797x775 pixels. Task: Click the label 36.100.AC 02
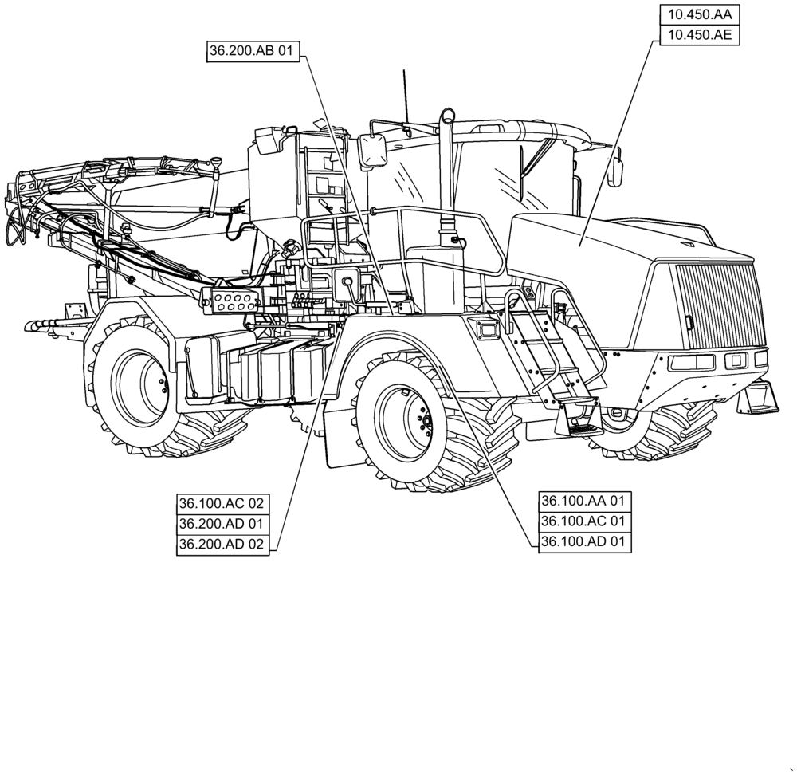click(222, 504)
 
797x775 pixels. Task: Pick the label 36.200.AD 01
click(222, 524)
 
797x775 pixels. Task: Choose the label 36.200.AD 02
click(222, 545)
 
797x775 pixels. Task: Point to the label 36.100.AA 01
click(585, 501)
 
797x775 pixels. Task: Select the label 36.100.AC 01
click(585, 521)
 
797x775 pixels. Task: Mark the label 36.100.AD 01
click(585, 542)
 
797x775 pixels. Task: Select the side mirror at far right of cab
click(615, 171)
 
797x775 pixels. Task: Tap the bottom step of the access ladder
click(585, 427)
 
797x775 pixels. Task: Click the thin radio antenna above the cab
click(405, 96)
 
